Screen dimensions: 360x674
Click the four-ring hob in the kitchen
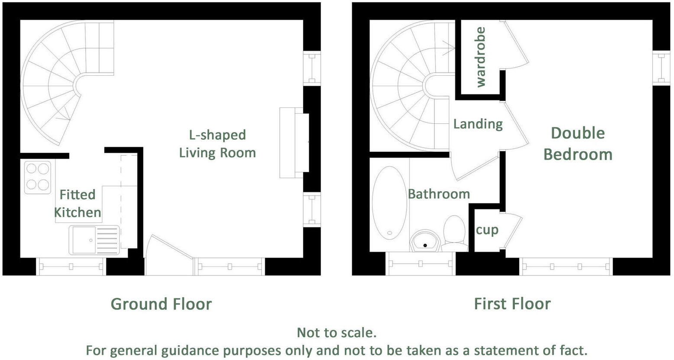click(x=38, y=177)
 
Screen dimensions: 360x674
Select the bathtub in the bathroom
click(x=389, y=203)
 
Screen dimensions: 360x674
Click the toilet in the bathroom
click(x=454, y=234)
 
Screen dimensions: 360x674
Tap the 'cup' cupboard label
click(x=487, y=230)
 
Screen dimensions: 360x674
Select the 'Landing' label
click(x=478, y=124)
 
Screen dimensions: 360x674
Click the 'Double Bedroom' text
click(x=578, y=144)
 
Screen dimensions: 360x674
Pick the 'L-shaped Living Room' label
click(x=217, y=144)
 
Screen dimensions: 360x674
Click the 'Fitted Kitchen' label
click(x=77, y=203)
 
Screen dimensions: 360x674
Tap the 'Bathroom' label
click(x=439, y=194)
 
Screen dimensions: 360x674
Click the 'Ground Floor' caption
click(x=161, y=304)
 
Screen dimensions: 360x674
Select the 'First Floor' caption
click(x=512, y=304)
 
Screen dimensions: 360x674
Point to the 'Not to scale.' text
click(x=337, y=332)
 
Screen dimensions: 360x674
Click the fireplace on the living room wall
click(x=294, y=143)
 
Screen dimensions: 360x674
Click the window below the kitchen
click(x=71, y=267)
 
